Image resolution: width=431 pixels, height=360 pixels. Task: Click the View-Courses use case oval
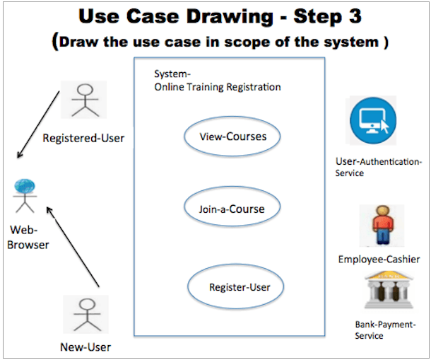[232, 137]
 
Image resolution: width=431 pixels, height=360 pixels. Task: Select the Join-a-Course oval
[232, 209]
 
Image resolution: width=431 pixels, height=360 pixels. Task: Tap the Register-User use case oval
[235, 286]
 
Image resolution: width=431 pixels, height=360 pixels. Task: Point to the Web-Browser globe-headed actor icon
[25, 194]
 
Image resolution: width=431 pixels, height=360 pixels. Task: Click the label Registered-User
[83, 138]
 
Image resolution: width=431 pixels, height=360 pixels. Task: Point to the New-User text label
[85, 347]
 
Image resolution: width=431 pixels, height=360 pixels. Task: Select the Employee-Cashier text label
[379, 260]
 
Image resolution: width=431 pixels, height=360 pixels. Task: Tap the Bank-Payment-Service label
[379, 330]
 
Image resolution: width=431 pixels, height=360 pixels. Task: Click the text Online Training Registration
[218, 87]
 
